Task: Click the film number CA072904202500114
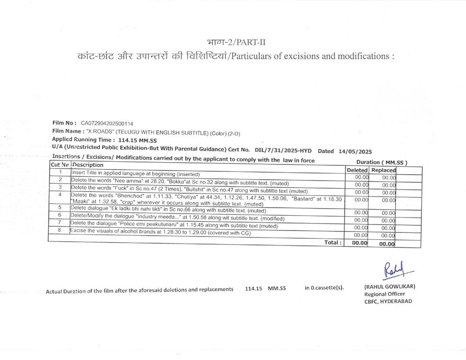pos(107,123)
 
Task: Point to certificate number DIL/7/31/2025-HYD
pos(283,151)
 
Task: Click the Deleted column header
pos(357,170)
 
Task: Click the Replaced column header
pos(383,170)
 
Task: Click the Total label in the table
pos(333,243)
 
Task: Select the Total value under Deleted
pos(359,243)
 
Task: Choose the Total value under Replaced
pos(387,243)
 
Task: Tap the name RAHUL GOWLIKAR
pos(390,286)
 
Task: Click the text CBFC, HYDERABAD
pos(388,301)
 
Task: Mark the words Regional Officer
pos(384,294)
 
